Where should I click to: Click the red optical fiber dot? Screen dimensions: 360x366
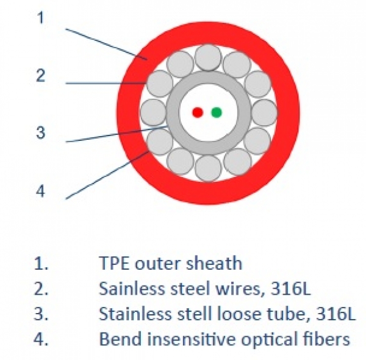tap(197, 112)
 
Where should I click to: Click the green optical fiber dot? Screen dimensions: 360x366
tap(217, 112)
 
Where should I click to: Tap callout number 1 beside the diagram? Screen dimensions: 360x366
tap(40, 18)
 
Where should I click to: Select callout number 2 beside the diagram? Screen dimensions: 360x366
tap(40, 76)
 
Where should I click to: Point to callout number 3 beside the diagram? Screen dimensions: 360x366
tap(40, 132)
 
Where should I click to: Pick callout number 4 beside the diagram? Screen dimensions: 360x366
tap(40, 191)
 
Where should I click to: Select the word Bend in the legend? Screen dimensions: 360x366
tap(116, 339)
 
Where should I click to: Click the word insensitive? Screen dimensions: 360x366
tap(181, 339)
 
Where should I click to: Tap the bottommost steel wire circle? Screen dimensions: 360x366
tap(209, 167)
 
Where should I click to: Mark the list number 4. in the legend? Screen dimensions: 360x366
tap(41, 339)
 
